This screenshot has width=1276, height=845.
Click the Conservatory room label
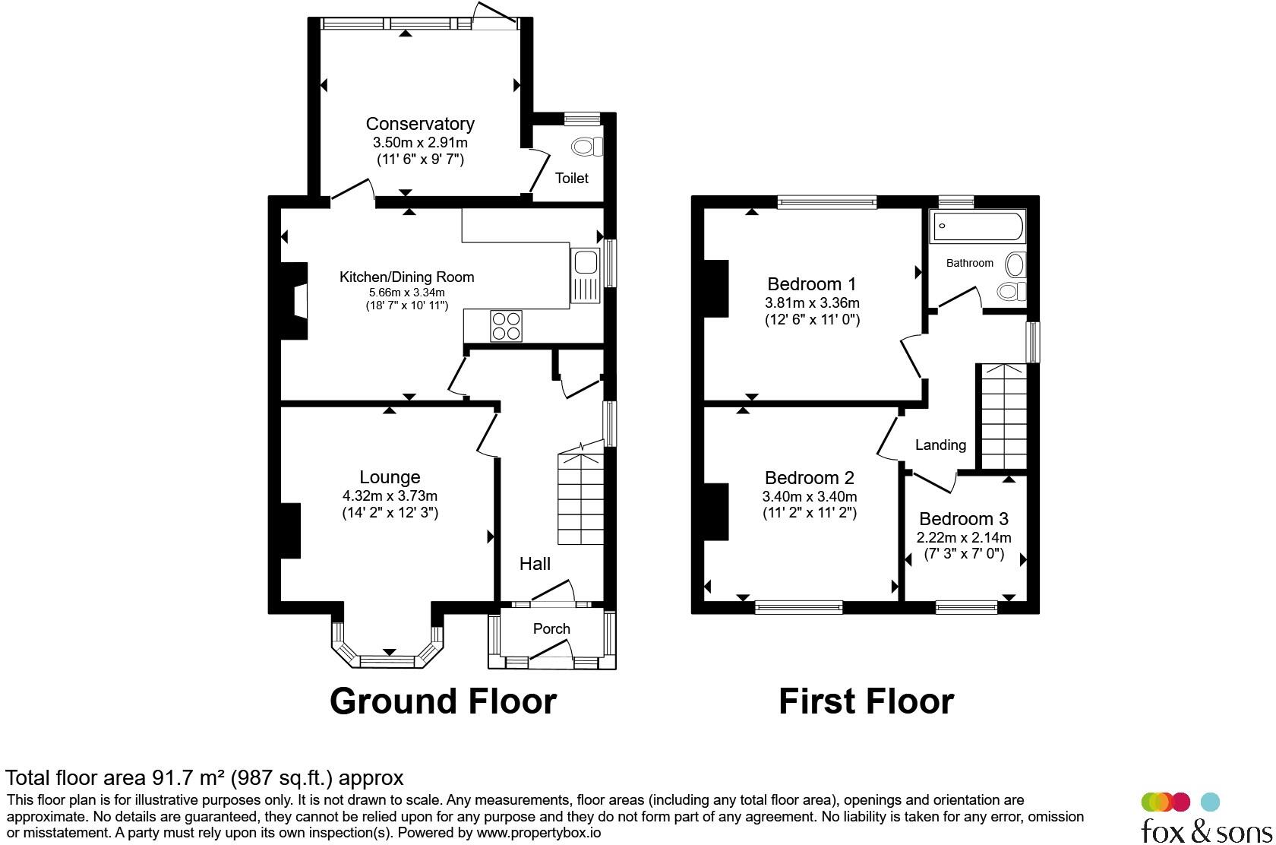[x=420, y=124]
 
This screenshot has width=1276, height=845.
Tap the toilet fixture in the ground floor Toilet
[x=586, y=147]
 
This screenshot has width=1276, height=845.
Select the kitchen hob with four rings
[x=506, y=326]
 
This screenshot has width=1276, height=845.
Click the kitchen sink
[x=585, y=276]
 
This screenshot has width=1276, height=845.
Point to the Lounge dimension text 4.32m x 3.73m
[x=390, y=495]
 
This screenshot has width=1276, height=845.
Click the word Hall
[x=535, y=564]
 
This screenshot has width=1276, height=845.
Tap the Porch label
[x=551, y=628]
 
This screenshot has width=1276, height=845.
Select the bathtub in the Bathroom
[x=978, y=226]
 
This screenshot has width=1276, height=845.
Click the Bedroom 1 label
[x=812, y=283]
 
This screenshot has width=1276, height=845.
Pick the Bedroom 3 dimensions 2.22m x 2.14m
[x=964, y=537]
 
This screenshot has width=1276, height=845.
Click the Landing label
[x=940, y=445]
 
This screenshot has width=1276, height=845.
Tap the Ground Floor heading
[x=444, y=701]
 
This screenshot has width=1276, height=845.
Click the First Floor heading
[x=866, y=701]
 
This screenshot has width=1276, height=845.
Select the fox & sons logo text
[x=1206, y=831]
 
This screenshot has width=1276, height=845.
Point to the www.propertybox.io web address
[x=539, y=833]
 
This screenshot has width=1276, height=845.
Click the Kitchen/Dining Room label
[x=407, y=277]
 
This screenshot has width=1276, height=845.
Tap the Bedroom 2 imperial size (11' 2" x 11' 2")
[x=810, y=513]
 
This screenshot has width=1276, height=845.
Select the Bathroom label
[x=969, y=263]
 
